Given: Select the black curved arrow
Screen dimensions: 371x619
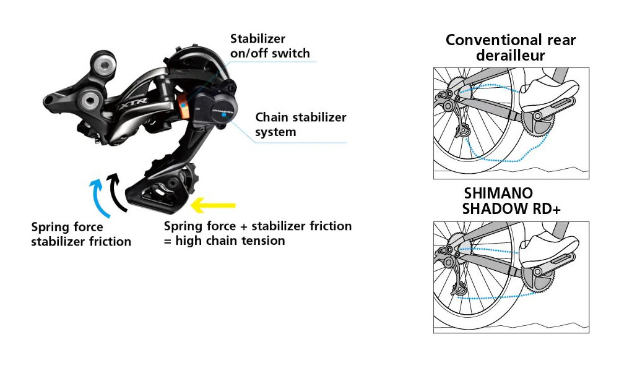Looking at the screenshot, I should (x=115, y=189).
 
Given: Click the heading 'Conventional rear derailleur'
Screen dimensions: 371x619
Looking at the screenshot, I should (x=511, y=48).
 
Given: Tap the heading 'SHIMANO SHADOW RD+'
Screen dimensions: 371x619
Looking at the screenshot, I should (x=511, y=201).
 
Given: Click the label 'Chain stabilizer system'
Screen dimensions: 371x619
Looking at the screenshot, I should (x=301, y=124).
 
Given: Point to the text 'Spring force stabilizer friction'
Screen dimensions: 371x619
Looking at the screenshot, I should (x=80, y=234).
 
